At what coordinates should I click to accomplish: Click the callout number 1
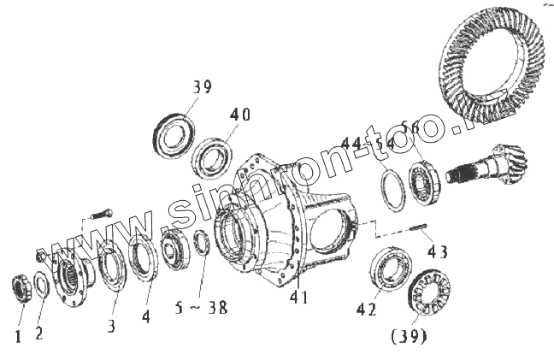tap(17, 337)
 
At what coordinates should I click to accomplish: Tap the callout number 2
tap(39, 333)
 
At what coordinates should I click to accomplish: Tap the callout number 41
tap(298, 298)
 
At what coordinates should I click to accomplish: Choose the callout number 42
tap(366, 310)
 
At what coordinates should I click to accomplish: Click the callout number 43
tap(438, 253)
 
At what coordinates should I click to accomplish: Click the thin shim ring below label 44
tap(393, 190)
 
